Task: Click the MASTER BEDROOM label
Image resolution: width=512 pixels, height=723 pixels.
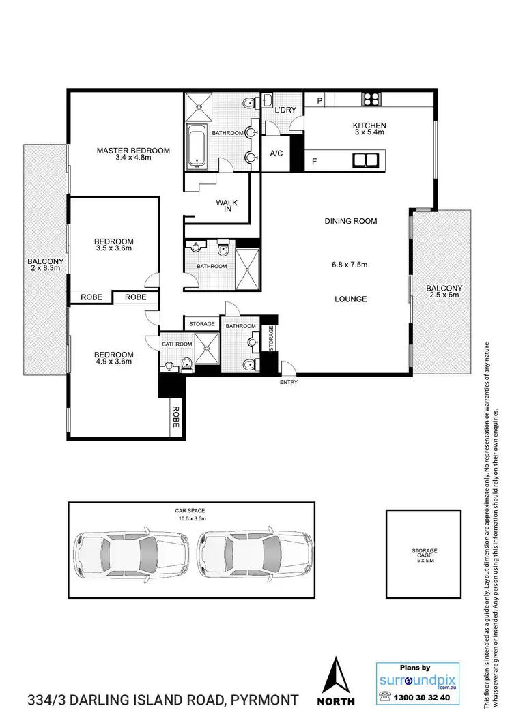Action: (x=132, y=151)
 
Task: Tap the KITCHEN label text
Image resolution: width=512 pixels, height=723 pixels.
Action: (x=369, y=126)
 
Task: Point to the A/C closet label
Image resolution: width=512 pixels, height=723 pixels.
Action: (x=277, y=153)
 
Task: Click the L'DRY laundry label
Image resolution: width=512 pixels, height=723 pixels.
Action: (x=284, y=110)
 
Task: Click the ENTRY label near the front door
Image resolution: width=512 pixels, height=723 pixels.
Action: (x=289, y=382)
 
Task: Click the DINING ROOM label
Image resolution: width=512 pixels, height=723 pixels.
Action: (x=351, y=221)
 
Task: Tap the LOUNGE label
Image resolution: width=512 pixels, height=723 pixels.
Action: (x=351, y=299)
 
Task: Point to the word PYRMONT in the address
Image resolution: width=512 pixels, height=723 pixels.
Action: (x=265, y=700)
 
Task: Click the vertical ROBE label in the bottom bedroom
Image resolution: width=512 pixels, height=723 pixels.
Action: (x=175, y=417)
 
